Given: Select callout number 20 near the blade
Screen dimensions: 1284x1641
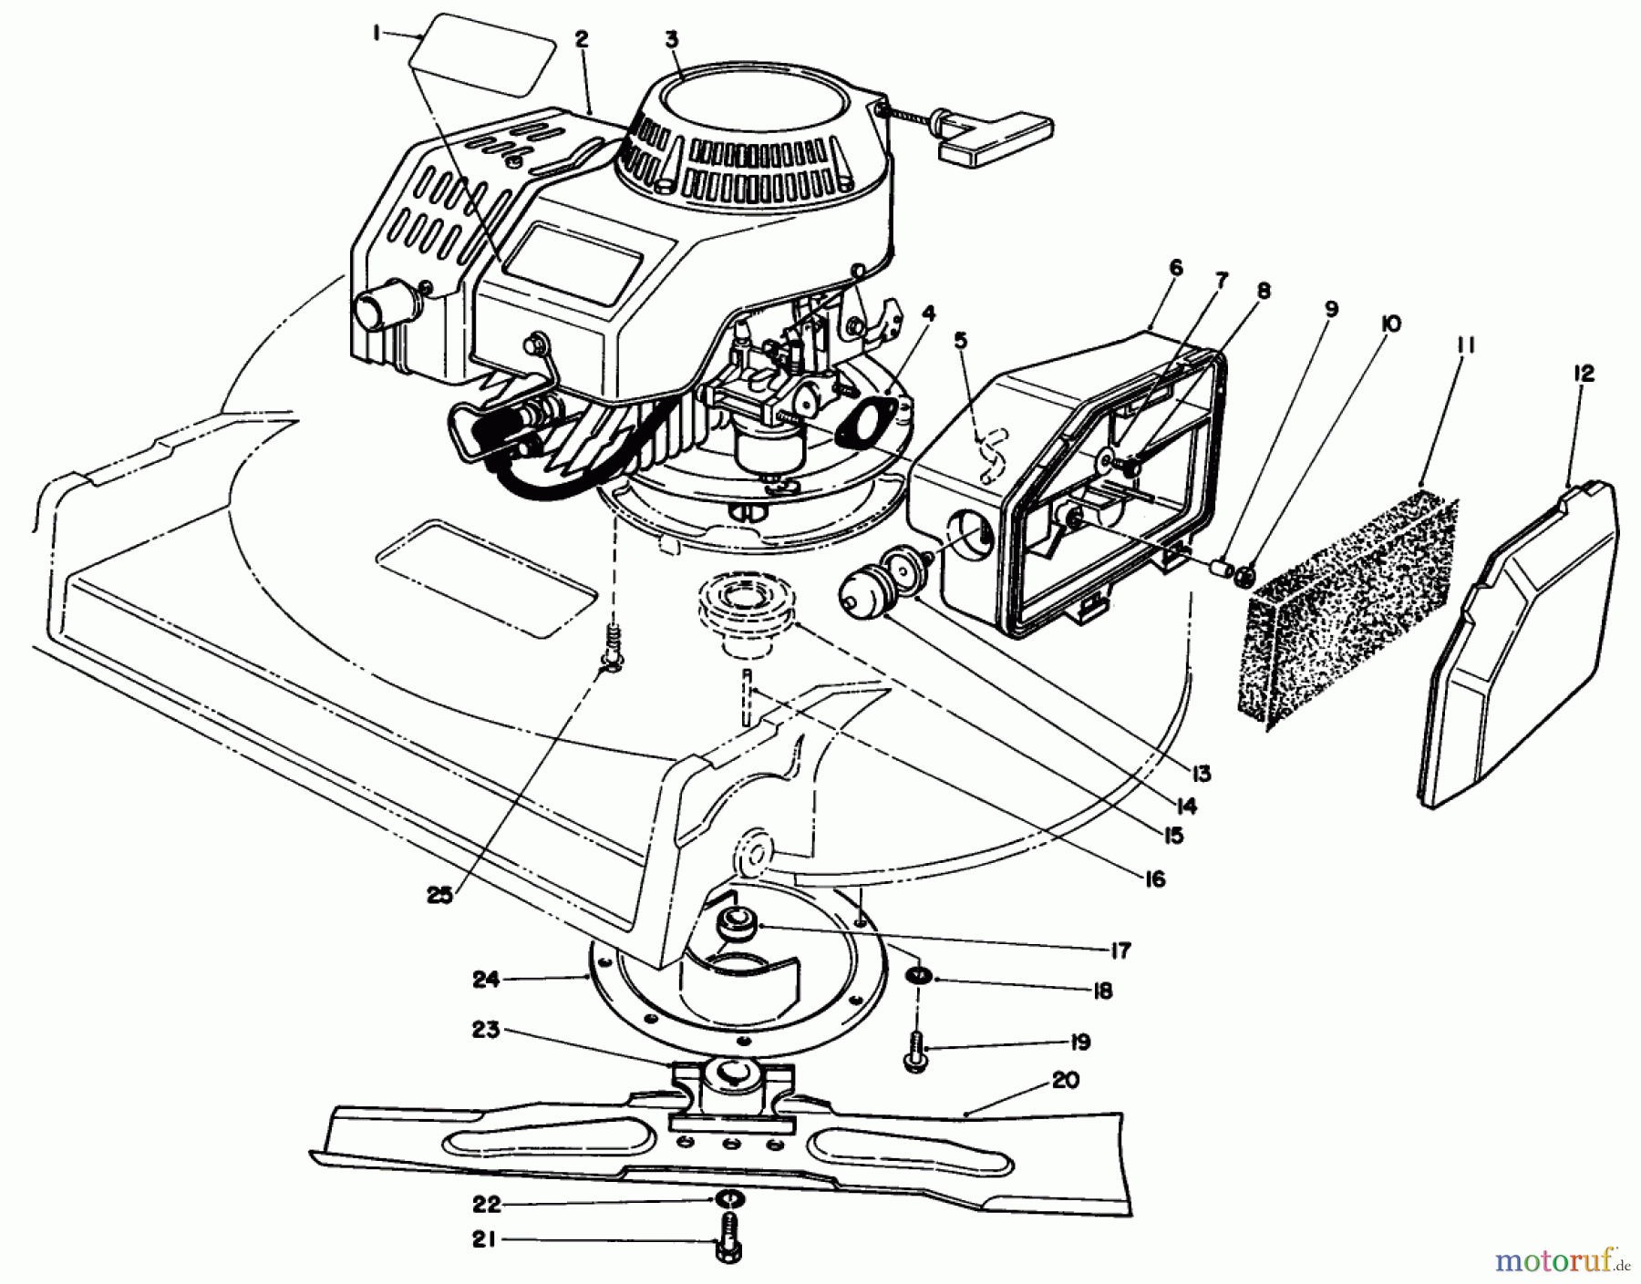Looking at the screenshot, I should coord(1064,1081).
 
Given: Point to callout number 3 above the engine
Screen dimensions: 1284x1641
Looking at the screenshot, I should coord(672,39).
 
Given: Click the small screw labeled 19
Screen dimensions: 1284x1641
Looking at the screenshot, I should coord(914,1054).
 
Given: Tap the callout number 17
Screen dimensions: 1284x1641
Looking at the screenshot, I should coord(1120,950).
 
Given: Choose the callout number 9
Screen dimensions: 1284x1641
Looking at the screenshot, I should coord(1332,309).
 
